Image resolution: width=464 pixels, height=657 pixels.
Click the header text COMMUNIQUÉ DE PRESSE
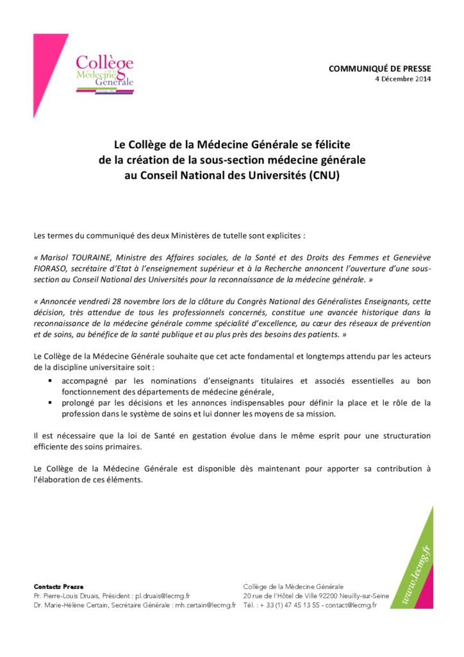[x=380, y=69]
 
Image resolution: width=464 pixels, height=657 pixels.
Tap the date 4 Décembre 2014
[x=403, y=79]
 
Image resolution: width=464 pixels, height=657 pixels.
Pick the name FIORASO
[x=52, y=268]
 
